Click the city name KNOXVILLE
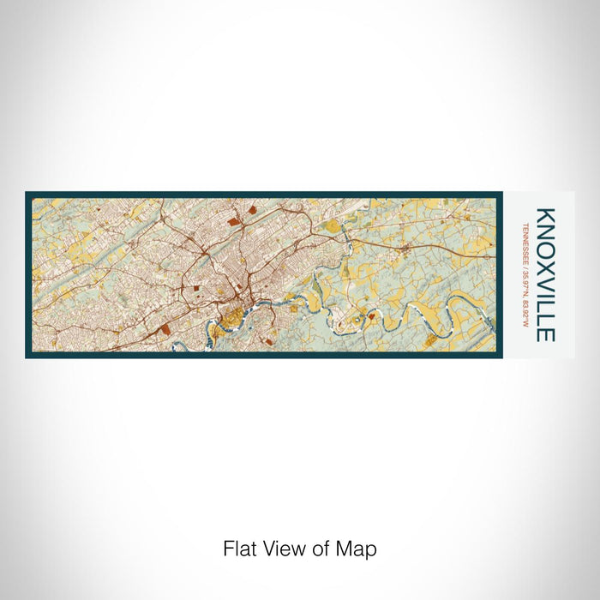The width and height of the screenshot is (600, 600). (x=546, y=274)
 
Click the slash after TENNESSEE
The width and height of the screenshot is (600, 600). (x=524, y=265)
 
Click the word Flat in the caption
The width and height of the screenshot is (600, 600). (x=239, y=548)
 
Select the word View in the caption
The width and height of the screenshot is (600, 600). (x=283, y=548)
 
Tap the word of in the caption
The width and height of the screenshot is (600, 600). (x=322, y=548)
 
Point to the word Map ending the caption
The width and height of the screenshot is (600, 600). (x=358, y=548)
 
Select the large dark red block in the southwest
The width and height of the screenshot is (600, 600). (x=165, y=327)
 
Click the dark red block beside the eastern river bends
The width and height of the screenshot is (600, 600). (x=370, y=315)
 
